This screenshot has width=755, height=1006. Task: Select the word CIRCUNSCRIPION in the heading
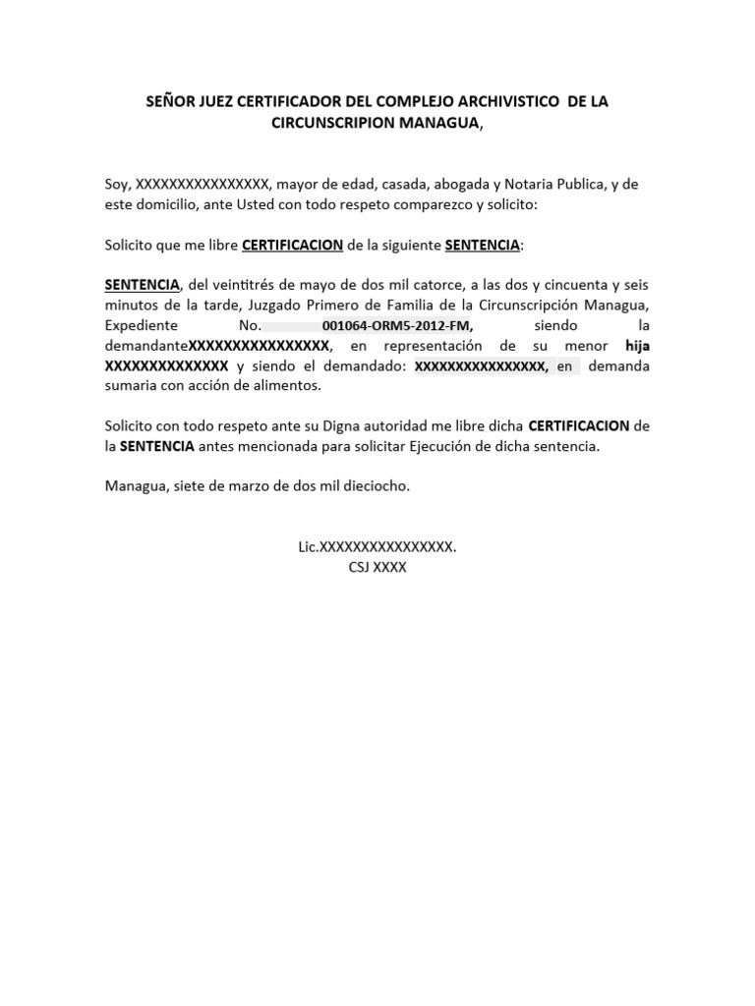tap(334, 123)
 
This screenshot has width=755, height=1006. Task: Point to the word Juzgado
tap(264, 305)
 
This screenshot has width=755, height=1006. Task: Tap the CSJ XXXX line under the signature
tap(377, 568)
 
